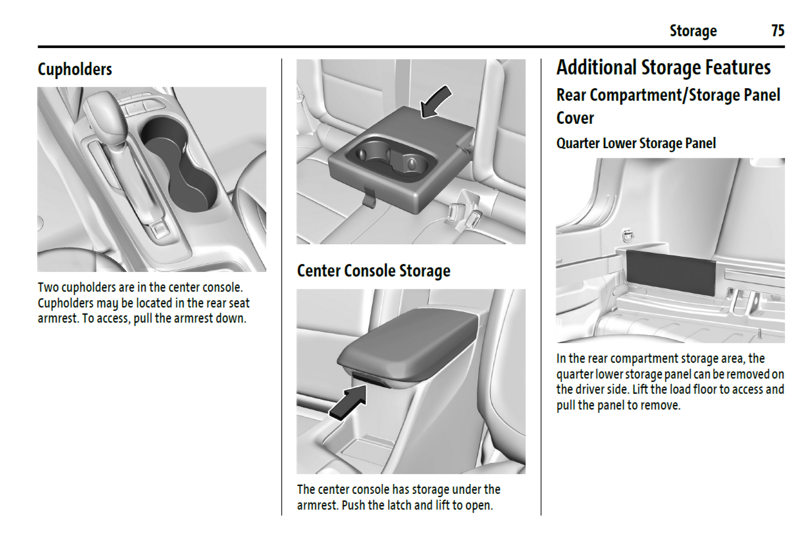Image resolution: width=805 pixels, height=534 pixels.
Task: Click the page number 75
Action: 778,31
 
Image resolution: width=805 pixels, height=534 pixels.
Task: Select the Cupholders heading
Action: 75,69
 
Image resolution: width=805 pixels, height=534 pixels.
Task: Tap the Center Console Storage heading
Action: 374,271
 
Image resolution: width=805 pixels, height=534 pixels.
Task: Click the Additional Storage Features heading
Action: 664,67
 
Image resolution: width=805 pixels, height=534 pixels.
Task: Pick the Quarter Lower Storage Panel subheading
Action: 636,143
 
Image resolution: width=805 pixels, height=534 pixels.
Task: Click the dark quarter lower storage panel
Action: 671,272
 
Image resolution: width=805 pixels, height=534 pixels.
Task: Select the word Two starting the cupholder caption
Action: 48,287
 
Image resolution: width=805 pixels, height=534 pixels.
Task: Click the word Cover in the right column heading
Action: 575,118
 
